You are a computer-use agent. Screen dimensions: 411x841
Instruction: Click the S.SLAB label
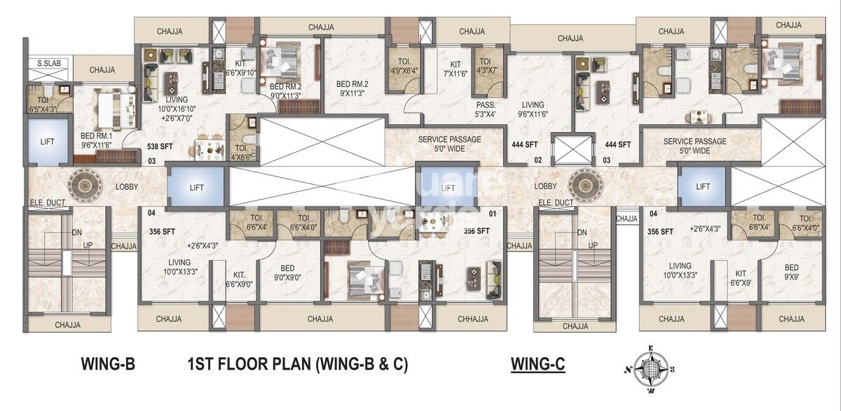pos(48,64)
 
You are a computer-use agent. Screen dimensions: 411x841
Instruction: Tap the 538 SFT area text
pos(160,147)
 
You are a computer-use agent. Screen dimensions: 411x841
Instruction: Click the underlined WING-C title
pos(538,364)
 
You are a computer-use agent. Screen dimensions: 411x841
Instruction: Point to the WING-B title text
pos(107,364)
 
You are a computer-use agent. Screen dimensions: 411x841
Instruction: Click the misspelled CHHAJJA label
pos(472,319)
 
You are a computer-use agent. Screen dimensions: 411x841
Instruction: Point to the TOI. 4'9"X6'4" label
pos(404,65)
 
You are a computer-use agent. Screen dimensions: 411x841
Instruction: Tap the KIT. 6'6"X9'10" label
pos(241,67)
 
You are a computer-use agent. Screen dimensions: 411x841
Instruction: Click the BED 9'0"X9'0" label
pos(287,272)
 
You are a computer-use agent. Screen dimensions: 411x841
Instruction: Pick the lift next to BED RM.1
pos(47,141)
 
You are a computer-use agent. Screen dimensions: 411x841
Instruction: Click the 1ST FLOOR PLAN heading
pos(298,364)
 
